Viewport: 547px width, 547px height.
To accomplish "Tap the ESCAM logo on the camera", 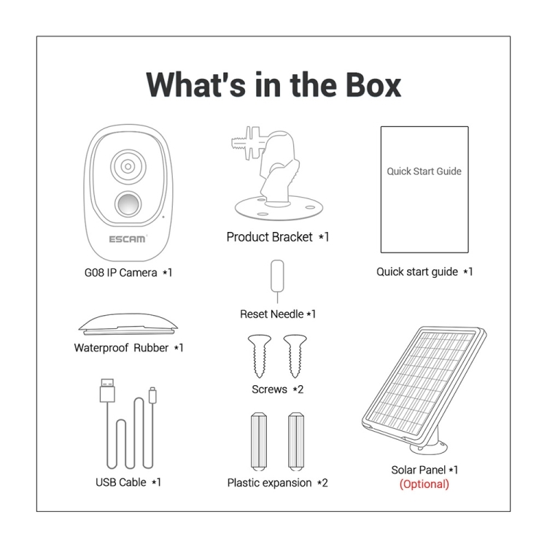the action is click(x=128, y=239).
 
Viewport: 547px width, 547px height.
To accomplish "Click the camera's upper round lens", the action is click(x=128, y=166).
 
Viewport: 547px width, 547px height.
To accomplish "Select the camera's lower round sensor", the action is click(x=128, y=203).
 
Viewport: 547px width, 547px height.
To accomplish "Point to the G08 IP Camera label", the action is click(x=128, y=273).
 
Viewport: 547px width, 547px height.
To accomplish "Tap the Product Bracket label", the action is click(x=277, y=237).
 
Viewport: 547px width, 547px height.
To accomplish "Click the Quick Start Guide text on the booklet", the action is click(x=424, y=171).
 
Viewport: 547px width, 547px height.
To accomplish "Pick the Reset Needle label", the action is click(x=278, y=314).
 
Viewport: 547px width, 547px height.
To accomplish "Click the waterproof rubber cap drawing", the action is click(x=128, y=324).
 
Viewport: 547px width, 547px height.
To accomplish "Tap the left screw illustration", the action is click(x=259, y=356).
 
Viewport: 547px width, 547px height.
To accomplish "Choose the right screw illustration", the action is click(x=295, y=356).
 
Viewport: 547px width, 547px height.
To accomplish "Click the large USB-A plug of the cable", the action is click(x=107, y=391).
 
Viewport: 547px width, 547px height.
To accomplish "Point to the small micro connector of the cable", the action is click(x=152, y=395).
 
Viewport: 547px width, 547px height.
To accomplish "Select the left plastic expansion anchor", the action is click(x=259, y=441).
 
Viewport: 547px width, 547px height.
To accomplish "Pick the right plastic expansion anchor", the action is click(x=296, y=441).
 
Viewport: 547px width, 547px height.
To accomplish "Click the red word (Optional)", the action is click(x=424, y=484).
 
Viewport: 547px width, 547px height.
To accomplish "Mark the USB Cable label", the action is click(x=128, y=482).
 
